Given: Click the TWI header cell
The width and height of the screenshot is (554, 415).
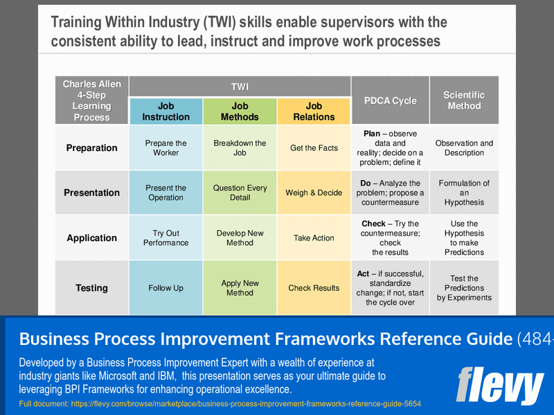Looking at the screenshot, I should point(240,87).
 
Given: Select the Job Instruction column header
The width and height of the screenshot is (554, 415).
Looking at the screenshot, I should point(166,112).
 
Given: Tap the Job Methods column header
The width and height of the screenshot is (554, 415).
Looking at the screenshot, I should point(240,112).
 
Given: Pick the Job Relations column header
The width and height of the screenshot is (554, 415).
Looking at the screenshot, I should point(314,112).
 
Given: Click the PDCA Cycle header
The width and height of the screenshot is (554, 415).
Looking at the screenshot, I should point(391,100).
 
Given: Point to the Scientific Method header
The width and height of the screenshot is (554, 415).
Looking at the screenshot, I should point(464,100).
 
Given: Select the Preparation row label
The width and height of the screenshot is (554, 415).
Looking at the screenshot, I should point(91,148).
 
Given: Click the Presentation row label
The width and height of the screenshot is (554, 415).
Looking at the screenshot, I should point(91,193).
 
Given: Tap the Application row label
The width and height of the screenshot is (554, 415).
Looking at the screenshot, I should point(91,238).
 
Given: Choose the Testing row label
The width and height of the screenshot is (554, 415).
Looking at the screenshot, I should point(91,288).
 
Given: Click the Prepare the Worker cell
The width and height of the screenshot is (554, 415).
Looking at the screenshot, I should point(166,148).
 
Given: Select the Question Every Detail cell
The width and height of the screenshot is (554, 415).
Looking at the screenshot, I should point(240,193).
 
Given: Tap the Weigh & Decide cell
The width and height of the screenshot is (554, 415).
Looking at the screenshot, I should point(314,193).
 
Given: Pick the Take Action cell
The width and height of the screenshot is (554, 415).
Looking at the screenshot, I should point(314,238).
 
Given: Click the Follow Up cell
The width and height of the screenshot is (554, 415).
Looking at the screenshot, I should point(166,288).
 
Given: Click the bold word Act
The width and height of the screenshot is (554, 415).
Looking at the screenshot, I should point(364,274).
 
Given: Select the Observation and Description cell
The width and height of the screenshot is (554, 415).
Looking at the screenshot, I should point(464,148).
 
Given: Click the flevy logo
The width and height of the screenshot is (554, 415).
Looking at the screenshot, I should point(500,385).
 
